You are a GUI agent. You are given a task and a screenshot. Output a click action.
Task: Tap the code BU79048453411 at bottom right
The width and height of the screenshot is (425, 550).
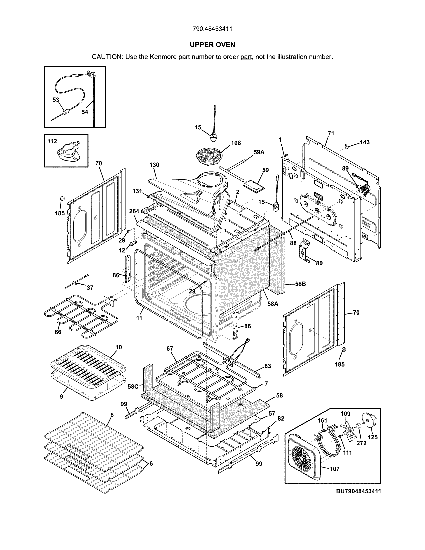click(x=358, y=491)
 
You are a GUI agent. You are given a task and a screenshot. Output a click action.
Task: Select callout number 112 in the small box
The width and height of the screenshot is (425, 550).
click(x=52, y=141)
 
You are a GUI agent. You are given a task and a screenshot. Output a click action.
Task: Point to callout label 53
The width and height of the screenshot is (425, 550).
click(x=56, y=100)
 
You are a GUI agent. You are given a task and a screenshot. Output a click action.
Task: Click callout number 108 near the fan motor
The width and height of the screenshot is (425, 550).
click(x=236, y=143)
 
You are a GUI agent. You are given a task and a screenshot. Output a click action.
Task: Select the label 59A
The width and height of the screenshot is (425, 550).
click(x=259, y=152)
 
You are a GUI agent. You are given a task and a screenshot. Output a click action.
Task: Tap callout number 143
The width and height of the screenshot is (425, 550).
click(x=364, y=142)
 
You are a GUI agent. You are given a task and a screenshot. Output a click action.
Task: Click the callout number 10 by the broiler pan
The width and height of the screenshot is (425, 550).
click(x=119, y=347)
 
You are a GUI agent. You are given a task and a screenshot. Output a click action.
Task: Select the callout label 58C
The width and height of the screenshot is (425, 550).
click(x=133, y=386)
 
